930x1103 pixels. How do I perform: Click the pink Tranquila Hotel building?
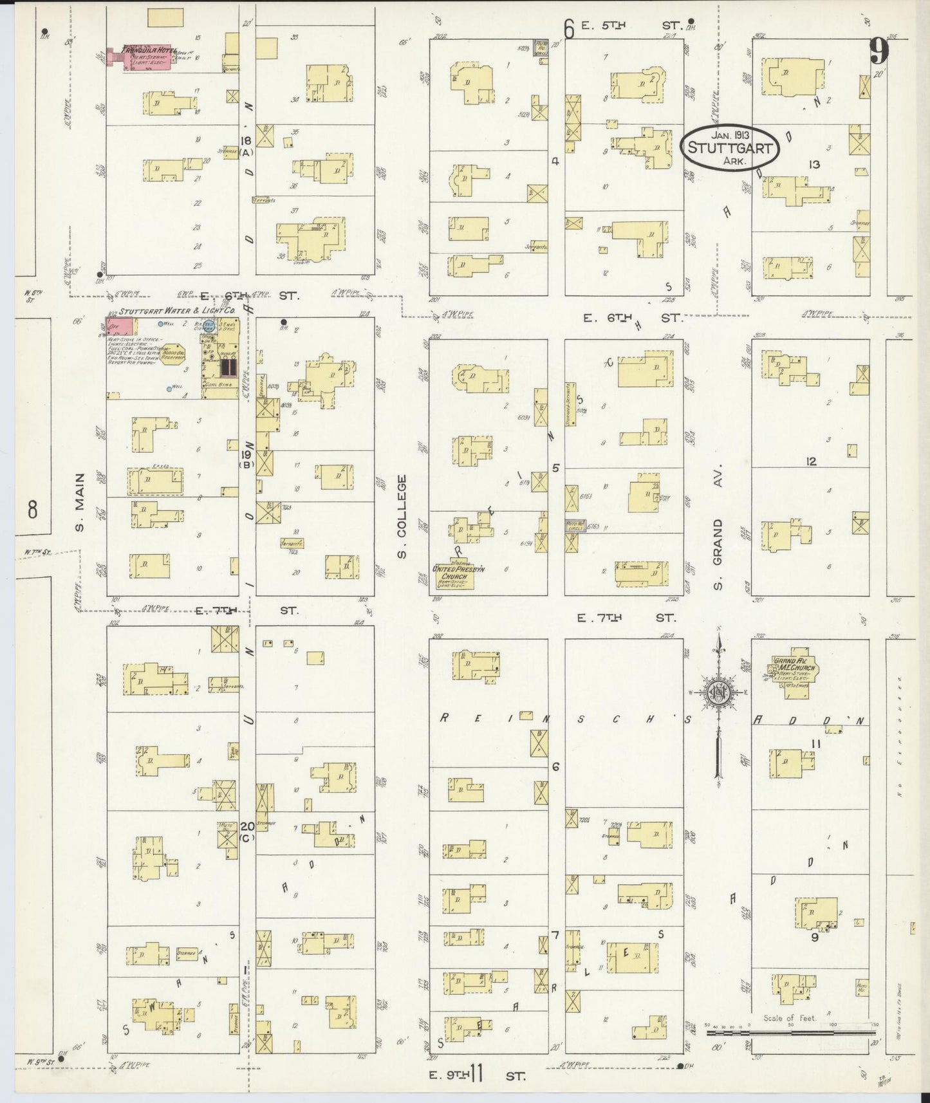tap(145, 58)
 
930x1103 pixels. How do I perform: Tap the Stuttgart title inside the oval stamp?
tap(730, 147)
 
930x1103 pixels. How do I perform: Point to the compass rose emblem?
tap(718, 694)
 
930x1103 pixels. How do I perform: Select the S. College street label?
tap(402, 516)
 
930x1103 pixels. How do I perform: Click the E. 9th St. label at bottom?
tap(477, 1075)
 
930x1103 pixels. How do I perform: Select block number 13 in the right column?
tap(815, 165)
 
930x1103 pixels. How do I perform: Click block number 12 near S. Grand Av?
tap(811, 461)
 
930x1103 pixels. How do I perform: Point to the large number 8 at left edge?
tap(33, 510)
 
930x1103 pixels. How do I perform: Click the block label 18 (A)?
tap(246, 146)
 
